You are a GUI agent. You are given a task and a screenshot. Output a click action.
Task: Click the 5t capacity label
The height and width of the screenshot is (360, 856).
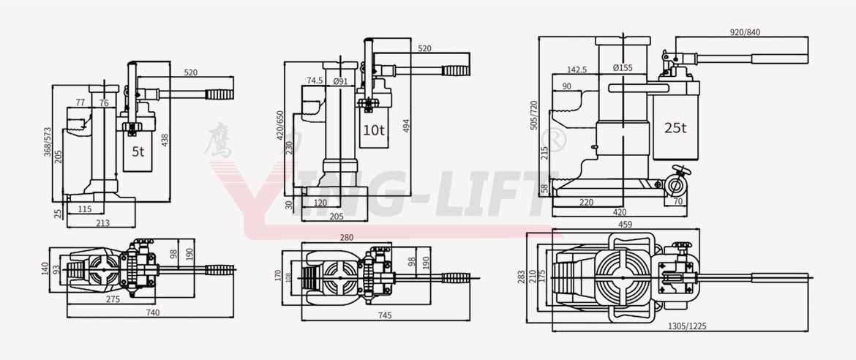click(138, 153)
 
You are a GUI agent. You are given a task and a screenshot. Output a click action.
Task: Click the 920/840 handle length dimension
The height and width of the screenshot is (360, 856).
click(746, 32)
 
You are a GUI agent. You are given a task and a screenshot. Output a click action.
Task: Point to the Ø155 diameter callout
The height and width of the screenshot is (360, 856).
click(622, 68)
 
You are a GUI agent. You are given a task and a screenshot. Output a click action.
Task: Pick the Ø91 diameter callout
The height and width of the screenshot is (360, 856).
click(340, 81)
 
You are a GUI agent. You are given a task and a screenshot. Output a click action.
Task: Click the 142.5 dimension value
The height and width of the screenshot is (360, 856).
click(577, 70)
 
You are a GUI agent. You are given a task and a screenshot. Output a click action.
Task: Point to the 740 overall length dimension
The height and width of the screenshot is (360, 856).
click(152, 312)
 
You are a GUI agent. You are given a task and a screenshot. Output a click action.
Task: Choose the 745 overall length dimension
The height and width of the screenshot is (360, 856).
click(385, 315)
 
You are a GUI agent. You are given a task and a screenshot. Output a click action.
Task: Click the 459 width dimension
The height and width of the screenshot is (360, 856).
click(625, 225)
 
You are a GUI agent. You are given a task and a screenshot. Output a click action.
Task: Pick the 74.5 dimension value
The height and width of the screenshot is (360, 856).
click(315, 81)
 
